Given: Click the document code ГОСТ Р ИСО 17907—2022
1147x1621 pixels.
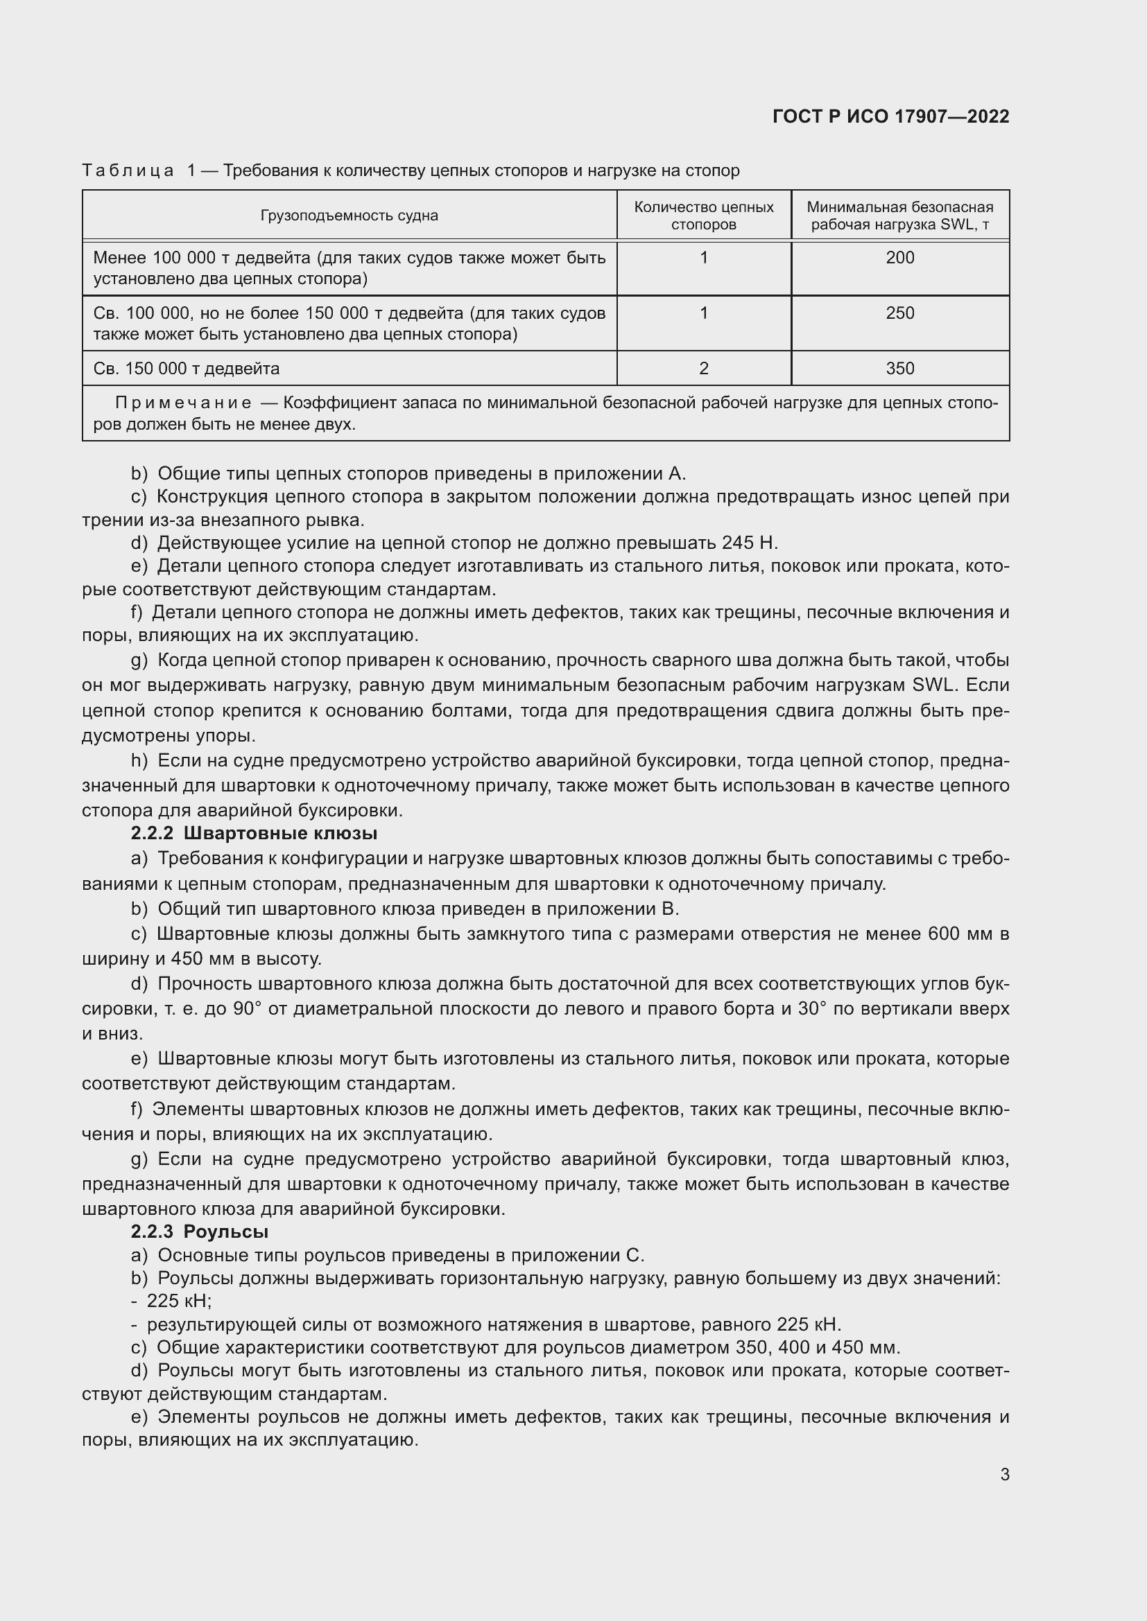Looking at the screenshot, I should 890,116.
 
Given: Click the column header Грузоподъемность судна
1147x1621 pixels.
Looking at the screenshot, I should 349,216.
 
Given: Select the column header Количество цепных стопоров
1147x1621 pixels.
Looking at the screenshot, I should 703,216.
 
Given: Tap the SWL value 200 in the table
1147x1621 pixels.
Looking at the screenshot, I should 900,258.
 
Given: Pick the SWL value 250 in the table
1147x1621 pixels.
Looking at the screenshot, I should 900,313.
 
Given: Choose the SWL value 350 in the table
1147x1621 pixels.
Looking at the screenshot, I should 900,369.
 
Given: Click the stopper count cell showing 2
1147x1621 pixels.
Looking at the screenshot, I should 703,369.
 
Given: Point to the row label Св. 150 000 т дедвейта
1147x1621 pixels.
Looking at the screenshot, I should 187,369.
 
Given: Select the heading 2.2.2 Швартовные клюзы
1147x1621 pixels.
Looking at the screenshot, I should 255,834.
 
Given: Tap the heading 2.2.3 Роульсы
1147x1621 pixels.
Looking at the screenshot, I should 200,1232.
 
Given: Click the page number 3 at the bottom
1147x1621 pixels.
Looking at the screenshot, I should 1004,1475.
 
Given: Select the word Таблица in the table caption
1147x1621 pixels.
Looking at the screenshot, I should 128,171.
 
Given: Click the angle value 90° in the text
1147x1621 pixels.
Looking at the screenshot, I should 247,1009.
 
